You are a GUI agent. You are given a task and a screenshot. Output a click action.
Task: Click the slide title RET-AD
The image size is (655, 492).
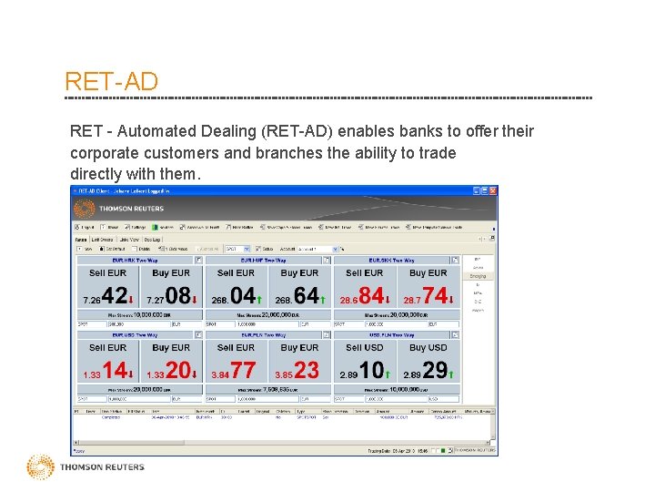tap(111, 81)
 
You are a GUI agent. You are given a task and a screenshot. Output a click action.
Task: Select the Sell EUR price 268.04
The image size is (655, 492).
tap(236, 297)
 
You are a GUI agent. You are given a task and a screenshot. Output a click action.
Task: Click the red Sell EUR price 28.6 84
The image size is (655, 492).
tap(365, 297)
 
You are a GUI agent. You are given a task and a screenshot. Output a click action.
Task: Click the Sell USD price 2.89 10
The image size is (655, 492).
tap(365, 372)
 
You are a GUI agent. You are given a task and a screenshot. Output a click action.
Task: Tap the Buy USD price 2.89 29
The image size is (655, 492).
tap(428, 372)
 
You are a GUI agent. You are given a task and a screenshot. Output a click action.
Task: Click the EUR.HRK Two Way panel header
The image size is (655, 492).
tap(135, 260)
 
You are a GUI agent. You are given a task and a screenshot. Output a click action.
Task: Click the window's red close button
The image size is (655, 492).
tap(492, 191)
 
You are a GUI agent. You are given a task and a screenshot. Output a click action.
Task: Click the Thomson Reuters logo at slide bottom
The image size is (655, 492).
tap(86, 467)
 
